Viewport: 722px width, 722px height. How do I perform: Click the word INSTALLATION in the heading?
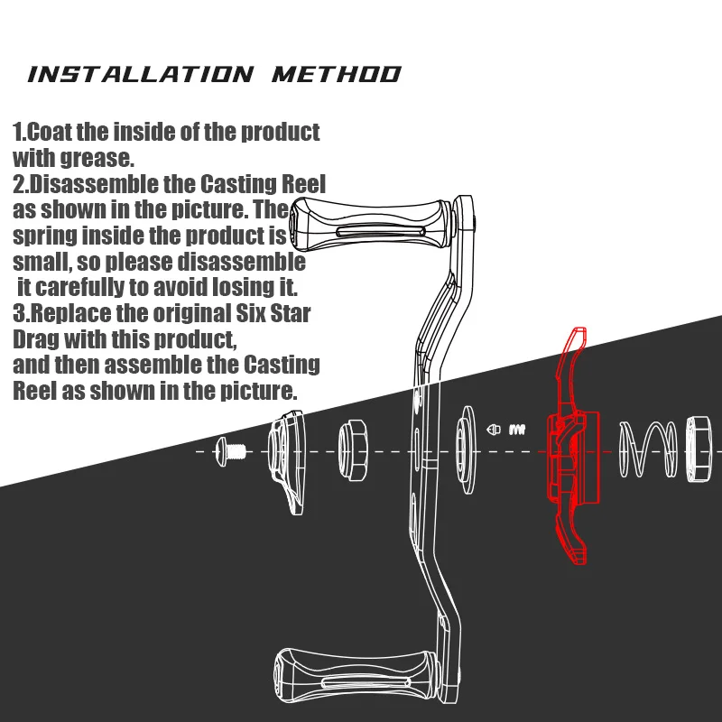[x=141, y=75]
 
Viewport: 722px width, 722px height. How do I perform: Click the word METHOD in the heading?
[x=337, y=75]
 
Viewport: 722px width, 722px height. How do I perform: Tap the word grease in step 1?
[x=97, y=159]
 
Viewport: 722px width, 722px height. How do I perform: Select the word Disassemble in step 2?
[x=93, y=184]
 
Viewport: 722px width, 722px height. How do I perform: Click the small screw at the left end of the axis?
[x=230, y=452]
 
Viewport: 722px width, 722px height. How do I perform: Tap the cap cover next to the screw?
[x=286, y=462]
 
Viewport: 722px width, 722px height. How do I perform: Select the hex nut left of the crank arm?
[x=353, y=450]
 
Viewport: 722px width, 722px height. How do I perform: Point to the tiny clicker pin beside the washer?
[x=494, y=430]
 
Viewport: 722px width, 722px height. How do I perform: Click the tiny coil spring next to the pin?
[x=517, y=430]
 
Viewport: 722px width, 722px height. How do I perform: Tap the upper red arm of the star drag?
[x=571, y=364]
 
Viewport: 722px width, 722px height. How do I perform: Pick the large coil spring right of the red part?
[x=647, y=449]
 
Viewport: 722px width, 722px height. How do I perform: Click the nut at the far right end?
[x=699, y=449]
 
